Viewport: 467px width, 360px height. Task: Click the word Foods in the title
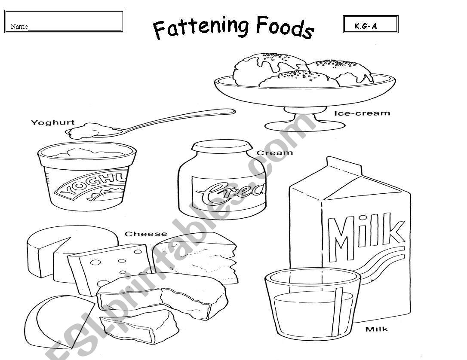coord(285,27)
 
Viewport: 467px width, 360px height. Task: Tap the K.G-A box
coord(371,24)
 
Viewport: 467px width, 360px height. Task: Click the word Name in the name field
coord(19,27)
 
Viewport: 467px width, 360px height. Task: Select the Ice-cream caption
coord(362,113)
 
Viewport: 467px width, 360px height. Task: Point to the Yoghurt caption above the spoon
coord(53,122)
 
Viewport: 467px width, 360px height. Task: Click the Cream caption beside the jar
coord(275,153)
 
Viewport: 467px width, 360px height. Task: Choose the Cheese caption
coord(146,234)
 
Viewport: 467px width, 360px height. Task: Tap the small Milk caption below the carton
coord(376,329)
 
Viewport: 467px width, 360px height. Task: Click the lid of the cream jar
coord(222,146)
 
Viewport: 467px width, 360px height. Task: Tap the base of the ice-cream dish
coord(305,125)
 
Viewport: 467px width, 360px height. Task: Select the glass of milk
coord(313,303)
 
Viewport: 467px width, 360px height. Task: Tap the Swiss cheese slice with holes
coord(110,268)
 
